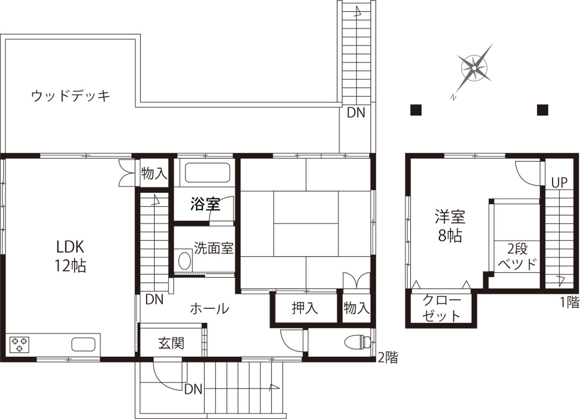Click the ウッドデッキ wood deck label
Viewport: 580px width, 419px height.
click(71, 96)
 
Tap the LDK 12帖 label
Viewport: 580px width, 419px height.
click(70, 256)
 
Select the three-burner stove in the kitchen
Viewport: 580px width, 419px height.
click(20, 345)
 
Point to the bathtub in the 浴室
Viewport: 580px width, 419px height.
click(207, 173)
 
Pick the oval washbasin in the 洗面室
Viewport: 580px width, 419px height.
click(184, 261)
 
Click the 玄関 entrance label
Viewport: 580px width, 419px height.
click(171, 343)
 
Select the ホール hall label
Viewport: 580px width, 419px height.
click(209, 308)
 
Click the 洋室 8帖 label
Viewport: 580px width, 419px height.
click(450, 226)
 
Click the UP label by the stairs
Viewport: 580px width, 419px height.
click(559, 183)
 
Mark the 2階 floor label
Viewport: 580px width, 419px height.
click(388, 358)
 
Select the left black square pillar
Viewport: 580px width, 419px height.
click(416, 110)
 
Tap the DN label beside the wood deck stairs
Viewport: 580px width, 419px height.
click(356, 113)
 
